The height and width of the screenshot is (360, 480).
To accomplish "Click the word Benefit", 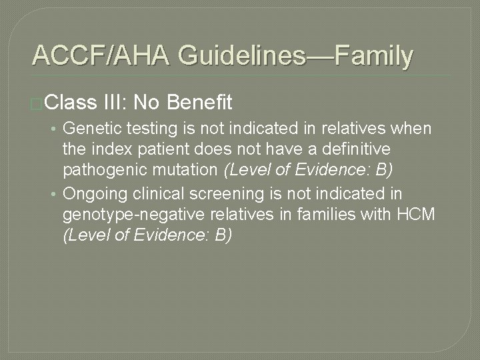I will coord(200,103).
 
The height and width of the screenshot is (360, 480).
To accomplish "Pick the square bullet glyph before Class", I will coord(37,103).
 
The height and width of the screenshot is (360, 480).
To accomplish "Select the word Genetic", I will coord(90,127).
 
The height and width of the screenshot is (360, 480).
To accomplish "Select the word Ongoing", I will coord(93,194).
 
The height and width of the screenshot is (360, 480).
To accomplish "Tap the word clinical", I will coord(155,194).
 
